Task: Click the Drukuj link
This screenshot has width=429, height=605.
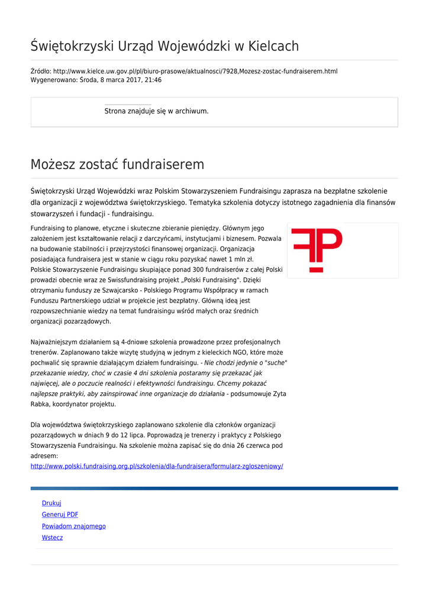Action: point(51,503)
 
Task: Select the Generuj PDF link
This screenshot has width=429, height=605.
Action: point(60,515)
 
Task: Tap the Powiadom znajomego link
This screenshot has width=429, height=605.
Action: point(73,526)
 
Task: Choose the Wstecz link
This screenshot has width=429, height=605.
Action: point(52,538)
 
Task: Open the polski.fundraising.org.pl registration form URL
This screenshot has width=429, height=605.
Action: point(157,466)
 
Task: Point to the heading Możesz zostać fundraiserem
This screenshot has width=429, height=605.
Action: point(117,165)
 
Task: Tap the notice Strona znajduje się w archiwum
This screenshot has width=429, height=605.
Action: point(156,111)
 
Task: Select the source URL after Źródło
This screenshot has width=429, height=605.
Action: point(195,71)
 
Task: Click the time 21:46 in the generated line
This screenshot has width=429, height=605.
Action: point(153,80)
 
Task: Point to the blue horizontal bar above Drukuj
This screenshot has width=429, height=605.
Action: point(214,489)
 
